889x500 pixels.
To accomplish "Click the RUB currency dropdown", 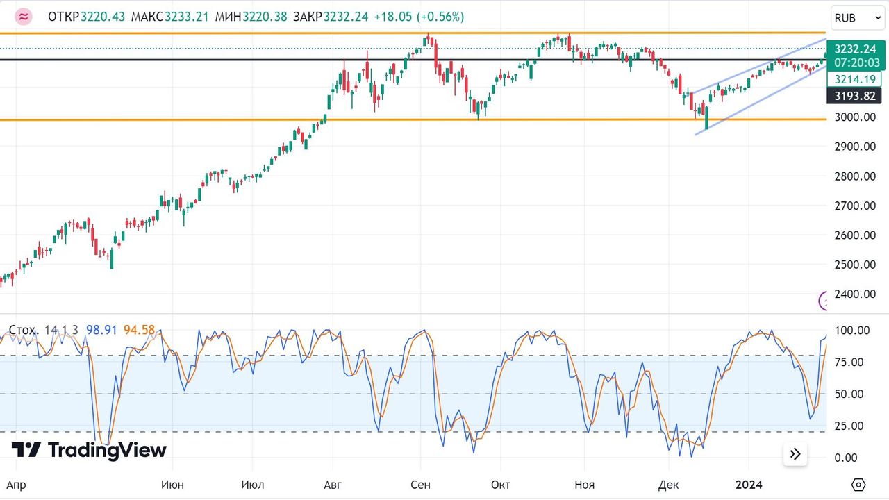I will coord(858,18).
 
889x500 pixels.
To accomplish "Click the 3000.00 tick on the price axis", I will coord(855,117).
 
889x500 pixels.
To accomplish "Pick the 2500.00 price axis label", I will coord(855,265).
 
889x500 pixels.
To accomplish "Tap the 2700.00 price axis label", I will coord(855,206).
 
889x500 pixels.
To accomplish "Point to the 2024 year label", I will coord(749,484).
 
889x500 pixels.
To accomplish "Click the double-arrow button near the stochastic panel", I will coord(795,454).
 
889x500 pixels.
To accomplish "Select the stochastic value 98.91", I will coord(101,330).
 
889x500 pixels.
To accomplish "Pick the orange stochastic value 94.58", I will coord(139,330).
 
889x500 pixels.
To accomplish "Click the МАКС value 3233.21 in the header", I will coord(186,17).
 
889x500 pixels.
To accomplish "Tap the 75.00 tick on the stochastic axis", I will coord(849,362).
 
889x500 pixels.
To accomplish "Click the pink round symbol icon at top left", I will coord(24,17).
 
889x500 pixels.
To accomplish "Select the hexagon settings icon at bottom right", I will coord(858,484).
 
